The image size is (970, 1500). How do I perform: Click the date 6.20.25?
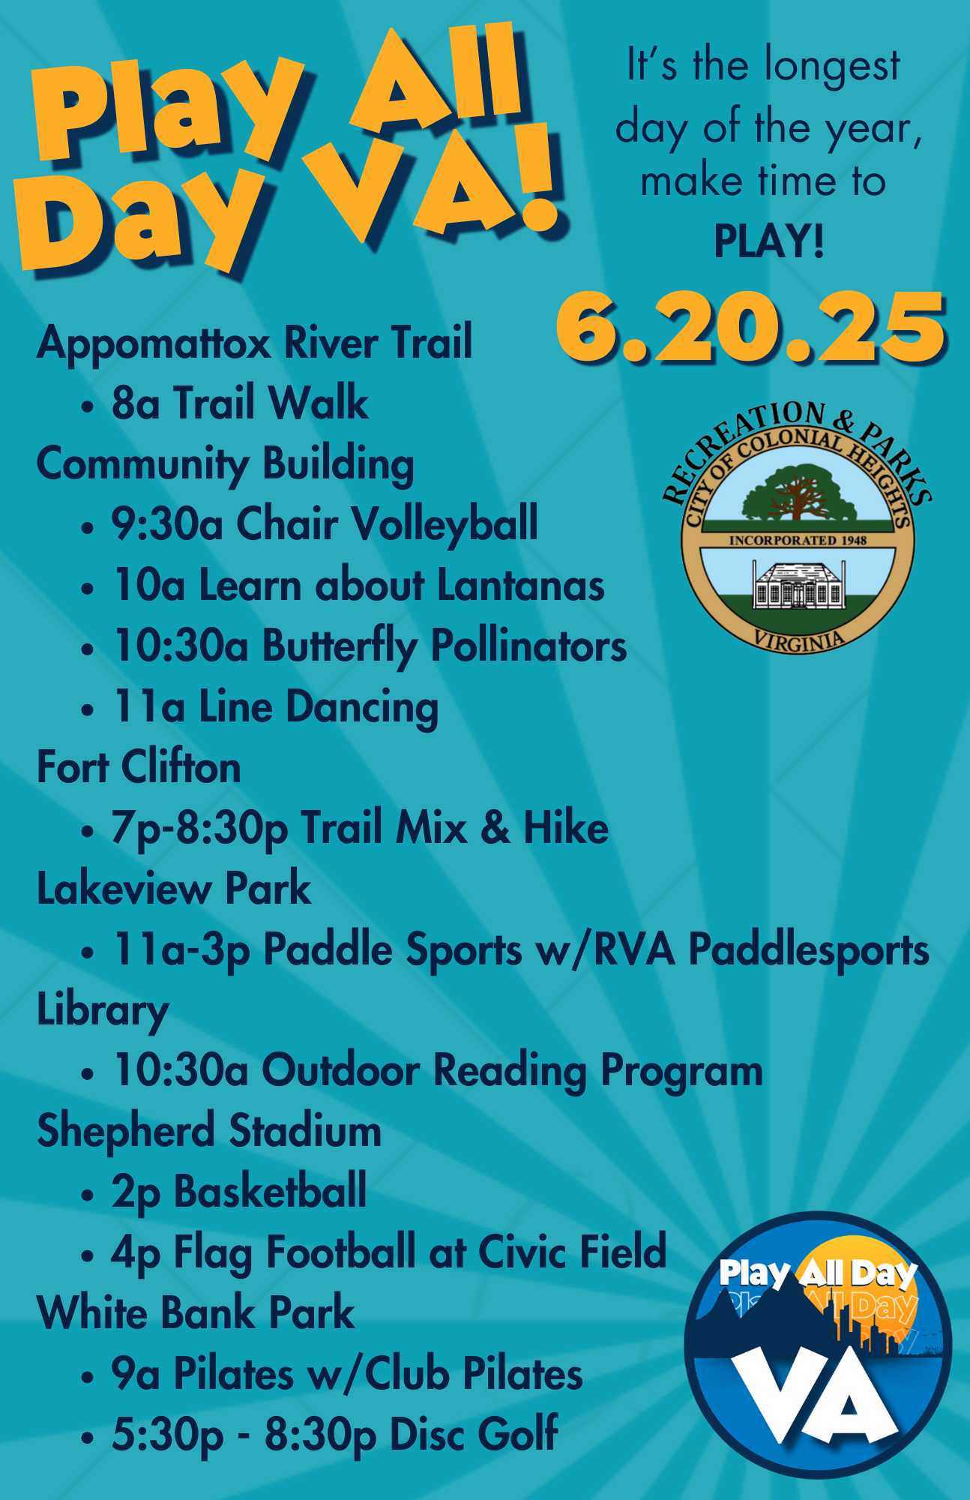750,328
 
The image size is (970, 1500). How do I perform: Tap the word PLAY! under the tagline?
769,241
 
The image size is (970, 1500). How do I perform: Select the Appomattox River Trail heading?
255,343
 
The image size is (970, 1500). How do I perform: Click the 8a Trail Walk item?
240,403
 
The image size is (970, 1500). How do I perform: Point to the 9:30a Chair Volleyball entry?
325,523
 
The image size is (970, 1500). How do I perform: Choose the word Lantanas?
520,584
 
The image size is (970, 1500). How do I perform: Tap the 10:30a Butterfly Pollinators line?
370,646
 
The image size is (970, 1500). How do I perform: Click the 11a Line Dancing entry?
275,706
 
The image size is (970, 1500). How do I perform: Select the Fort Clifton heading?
139,766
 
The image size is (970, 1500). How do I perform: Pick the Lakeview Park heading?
174,889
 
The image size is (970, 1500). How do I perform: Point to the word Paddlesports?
809,950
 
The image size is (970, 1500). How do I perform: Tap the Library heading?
103,1010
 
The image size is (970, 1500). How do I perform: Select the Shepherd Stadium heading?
209,1131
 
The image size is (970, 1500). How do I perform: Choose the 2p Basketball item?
239,1192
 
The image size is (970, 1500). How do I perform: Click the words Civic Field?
572,1251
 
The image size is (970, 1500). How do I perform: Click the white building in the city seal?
798,586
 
